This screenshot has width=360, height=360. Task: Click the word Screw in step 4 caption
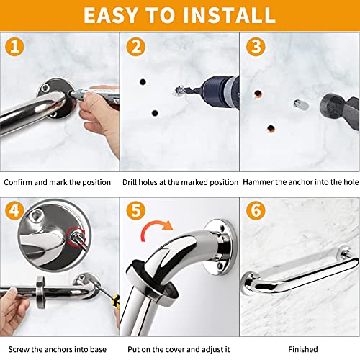(x=16, y=349)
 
